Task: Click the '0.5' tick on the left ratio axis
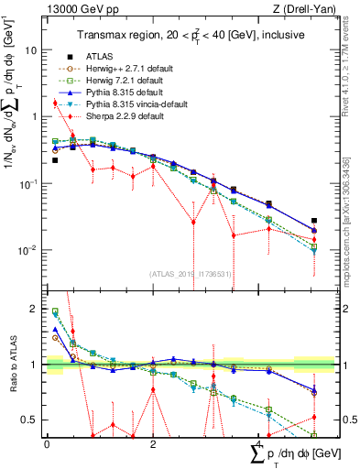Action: click(x=32, y=420)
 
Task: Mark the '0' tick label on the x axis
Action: click(x=47, y=442)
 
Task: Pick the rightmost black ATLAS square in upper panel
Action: click(x=314, y=221)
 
